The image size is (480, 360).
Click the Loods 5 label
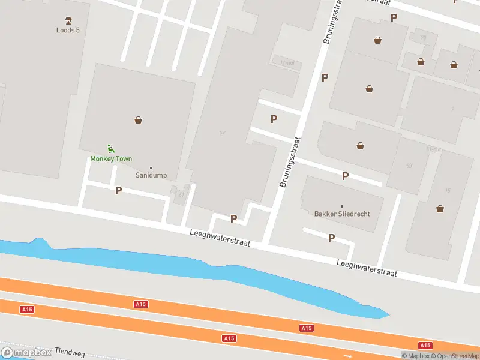pyautogui.click(x=68, y=30)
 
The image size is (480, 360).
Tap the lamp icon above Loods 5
pyautogui.click(x=68, y=20)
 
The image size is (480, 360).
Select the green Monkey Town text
pyautogui.click(x=111, y=159)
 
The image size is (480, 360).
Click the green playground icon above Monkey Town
pyautogui.click(x=110, y=149)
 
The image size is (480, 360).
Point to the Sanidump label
pyautogui.click(x=151, y=176)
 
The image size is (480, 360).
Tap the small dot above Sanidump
pyautogui.click(x=151, y=168)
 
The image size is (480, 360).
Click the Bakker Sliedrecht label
pyautogui.click(x=342, y=214)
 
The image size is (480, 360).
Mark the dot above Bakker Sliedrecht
pyautogui.click(x=342, y=206)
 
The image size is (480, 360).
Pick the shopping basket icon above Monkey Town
pyautogui.click(x=139, y=120)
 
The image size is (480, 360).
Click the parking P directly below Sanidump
pyautogui.click(x=118, y=190)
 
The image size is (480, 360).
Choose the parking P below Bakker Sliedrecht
pyautogui.click(x=331, y=238)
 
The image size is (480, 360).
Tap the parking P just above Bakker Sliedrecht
pyautogui.click(x=345, y=176)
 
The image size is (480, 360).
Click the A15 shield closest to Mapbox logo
pyautogui.click(x=26, y=310)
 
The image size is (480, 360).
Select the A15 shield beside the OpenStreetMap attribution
pyautogui.click(x=425, y=345)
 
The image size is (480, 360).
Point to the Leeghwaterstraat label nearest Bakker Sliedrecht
pyautogui.click(x=367, y=268)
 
